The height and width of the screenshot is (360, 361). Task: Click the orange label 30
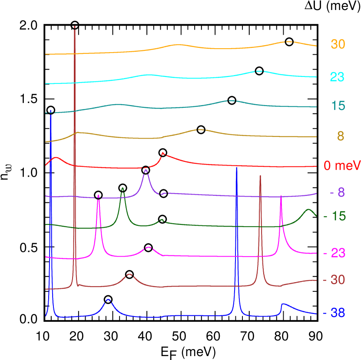[x=338, y=44]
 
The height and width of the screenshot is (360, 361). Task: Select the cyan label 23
[x=337, y=77]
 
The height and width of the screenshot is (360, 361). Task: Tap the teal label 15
[x=338, y=106]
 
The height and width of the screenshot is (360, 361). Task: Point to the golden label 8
[x=340, y=136]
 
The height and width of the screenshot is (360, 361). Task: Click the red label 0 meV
[x=342, y=166]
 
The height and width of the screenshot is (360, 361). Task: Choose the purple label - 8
[x=337, y=192]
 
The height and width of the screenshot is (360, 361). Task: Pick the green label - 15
[x=334, y=216]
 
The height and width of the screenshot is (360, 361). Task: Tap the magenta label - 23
[x=334, y=253]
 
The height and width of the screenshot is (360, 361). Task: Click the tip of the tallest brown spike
[x=75, y=26]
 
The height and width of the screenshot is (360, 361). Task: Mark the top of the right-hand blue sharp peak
[x=236, y=167]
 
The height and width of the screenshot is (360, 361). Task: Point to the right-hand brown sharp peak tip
[x=260, y=176]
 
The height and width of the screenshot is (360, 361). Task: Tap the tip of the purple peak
[x=146, y=170]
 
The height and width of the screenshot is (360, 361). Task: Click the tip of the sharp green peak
[x=123, y=188]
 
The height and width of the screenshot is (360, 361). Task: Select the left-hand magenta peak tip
[x=99, y=196]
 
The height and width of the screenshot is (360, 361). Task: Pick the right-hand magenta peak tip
[x=281, y=196]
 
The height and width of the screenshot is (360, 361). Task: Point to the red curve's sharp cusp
[x=163, y=153]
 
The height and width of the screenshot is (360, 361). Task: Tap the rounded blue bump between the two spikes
[x=108, y=300]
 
